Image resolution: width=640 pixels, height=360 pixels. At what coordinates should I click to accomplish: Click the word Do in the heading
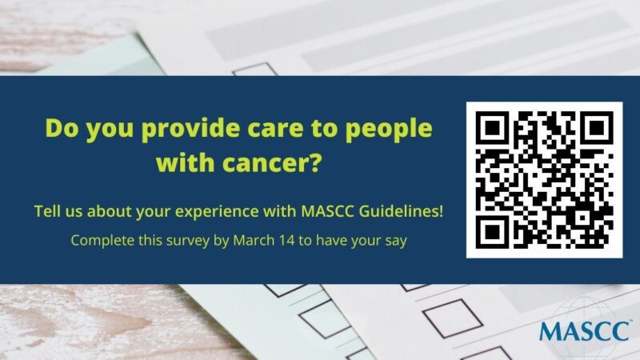[61, 129]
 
